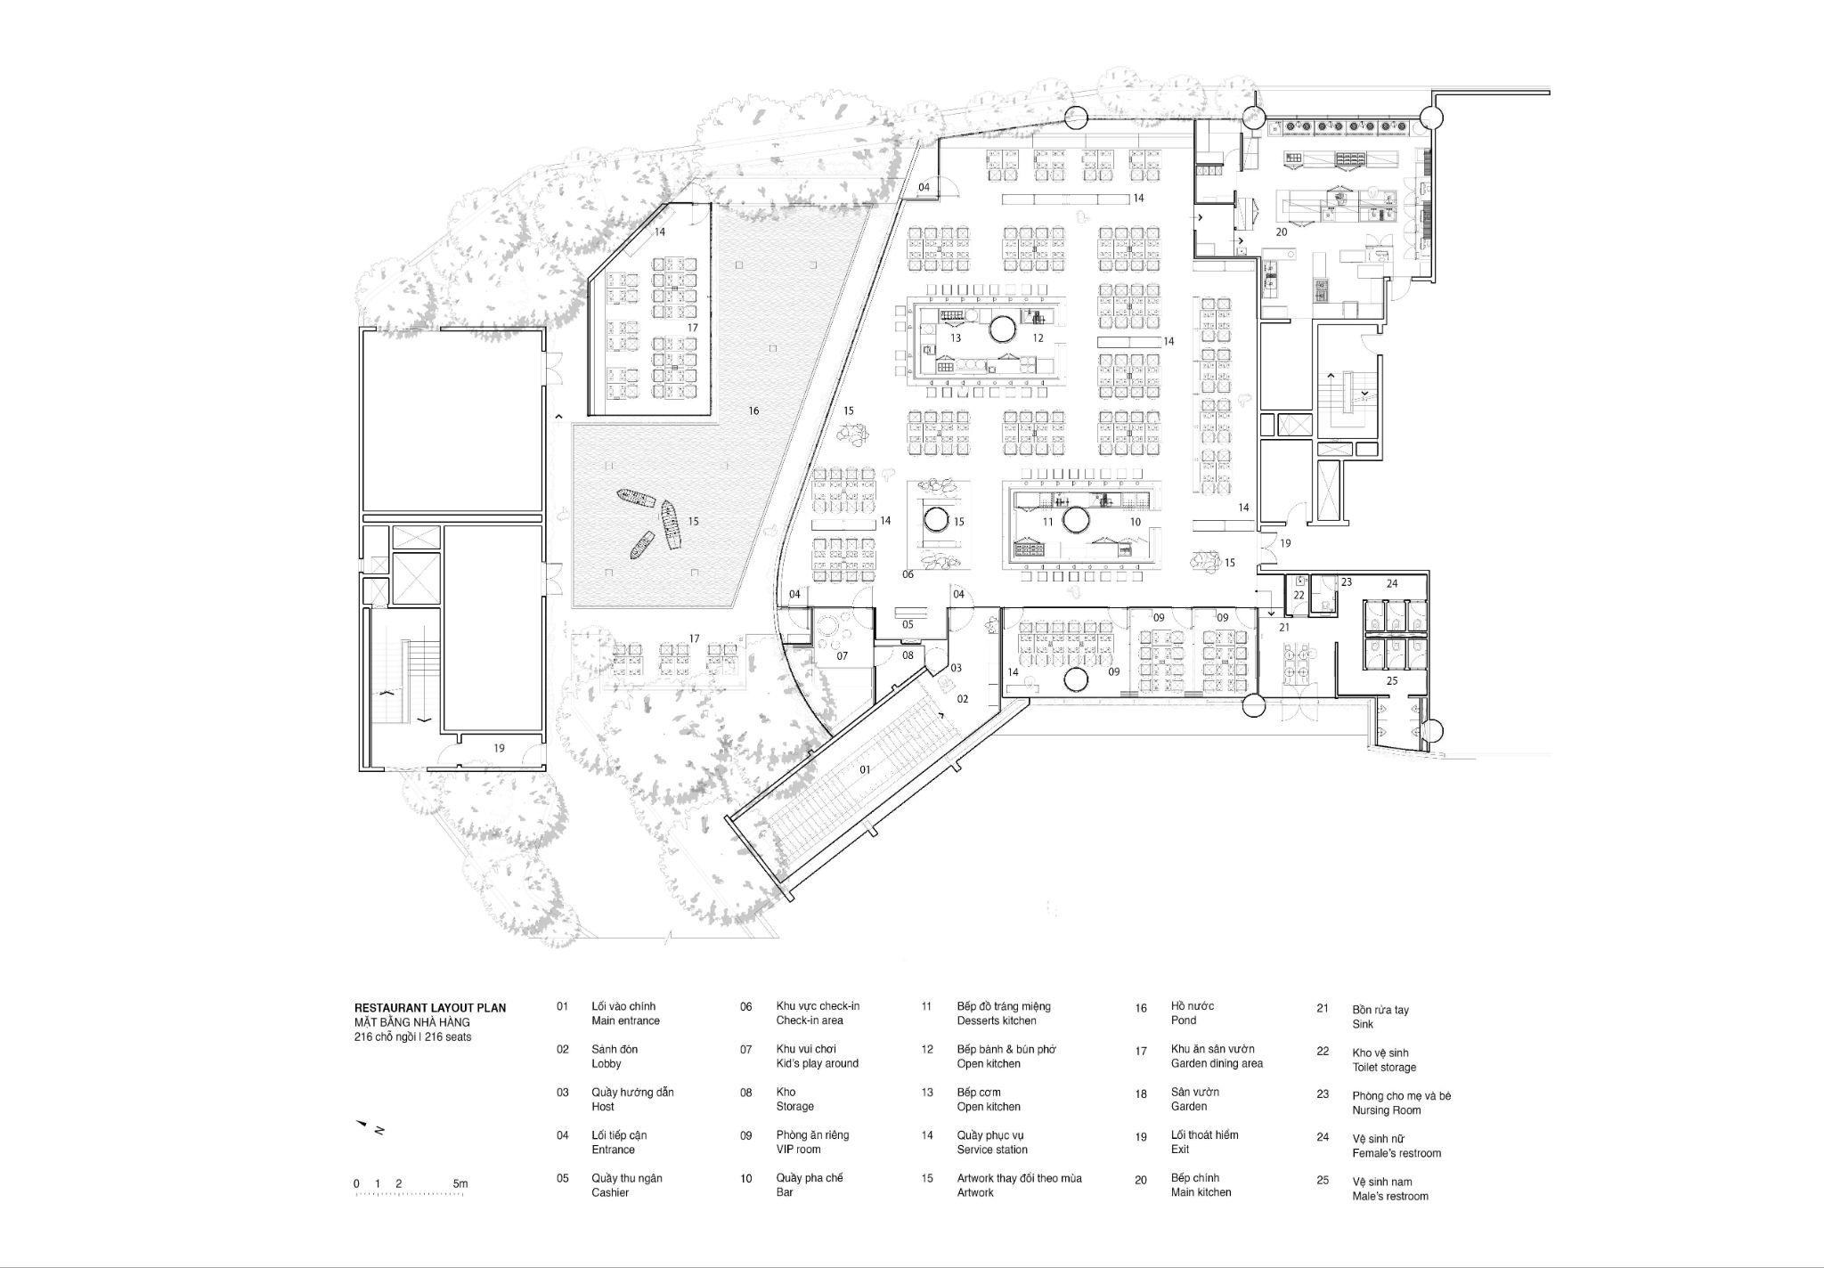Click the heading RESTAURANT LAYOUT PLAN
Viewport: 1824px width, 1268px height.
[x=430, y=1008]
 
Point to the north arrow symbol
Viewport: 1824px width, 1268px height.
[x=370, y=1127]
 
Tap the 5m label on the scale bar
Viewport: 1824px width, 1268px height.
[x=460, y=1183]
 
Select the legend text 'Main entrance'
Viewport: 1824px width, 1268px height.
[x=625, y=1020]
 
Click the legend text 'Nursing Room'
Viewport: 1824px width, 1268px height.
[x=1387, y=1110]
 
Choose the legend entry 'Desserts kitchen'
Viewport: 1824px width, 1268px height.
[x=997, y=1020]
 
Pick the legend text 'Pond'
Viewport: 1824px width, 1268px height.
[x=1184, y=1020]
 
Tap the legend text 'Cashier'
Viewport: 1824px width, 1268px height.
[x=610, y=1192]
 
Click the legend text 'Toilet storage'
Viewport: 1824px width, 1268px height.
[x=1384, y=1067]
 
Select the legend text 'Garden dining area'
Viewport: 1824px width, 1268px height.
[x=1217, y=1063]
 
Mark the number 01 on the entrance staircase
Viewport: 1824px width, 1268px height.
[x=865, y=769]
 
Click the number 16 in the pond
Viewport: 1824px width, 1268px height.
[x=753, y=410]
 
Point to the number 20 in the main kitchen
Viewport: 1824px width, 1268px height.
[x=1282, y=232]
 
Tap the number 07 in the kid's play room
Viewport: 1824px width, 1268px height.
[x=842, y=656]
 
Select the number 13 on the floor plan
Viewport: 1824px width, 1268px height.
[x=956, y=338]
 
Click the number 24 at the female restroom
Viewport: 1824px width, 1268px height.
[x=1392, y=584]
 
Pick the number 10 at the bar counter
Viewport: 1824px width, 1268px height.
[x=1135, y=522]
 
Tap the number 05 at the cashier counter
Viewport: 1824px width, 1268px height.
[x=908, y=624]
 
